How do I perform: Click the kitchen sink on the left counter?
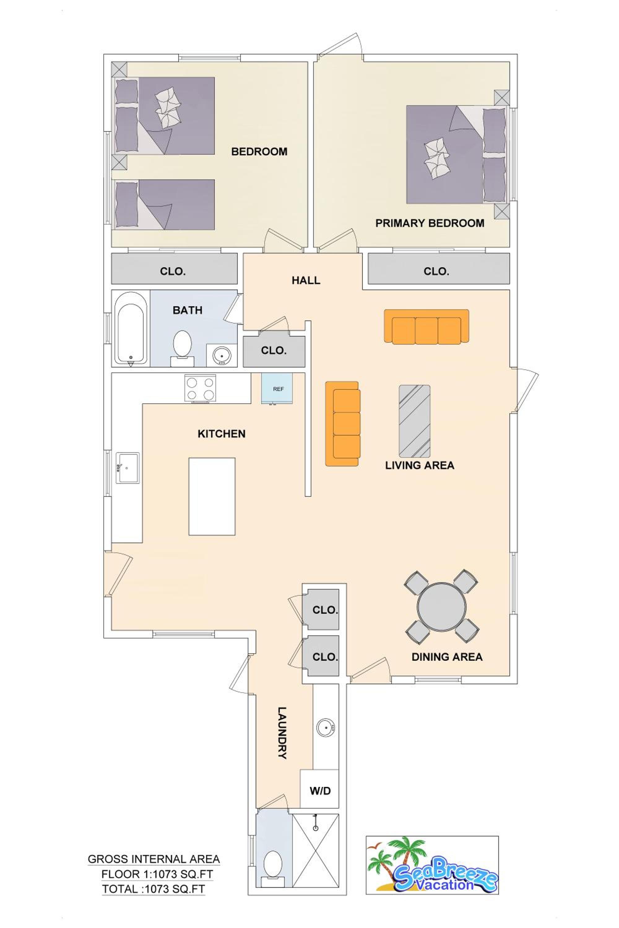pos(128,468)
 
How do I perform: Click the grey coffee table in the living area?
pos(414,421)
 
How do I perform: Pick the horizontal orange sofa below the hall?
pos(426,326)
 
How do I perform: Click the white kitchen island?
pos(212,496)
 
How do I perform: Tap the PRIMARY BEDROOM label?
pos(430,223)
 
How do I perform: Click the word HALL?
pos(306,281)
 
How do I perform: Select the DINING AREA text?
pos(447,657)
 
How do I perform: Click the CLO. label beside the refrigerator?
pos(274,350)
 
